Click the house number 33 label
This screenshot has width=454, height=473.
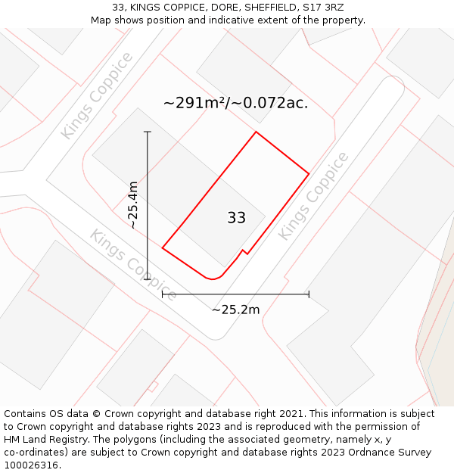(x=236, y=218)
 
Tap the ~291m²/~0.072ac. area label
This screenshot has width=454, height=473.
(x=235, y=103)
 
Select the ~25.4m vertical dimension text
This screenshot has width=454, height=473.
(x=133, y=204)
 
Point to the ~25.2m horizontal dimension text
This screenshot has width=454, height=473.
(x=235, y=310)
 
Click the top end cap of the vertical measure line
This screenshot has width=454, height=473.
(x=148, y=132)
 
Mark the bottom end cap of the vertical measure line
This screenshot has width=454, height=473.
(x=148, y=279)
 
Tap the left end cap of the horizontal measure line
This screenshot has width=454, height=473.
(x=163, y=294)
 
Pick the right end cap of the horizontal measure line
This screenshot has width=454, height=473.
(x=309, y=294)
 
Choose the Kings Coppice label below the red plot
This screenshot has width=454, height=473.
(x=133, y=264)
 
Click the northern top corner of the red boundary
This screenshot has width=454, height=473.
(x=256, y=132)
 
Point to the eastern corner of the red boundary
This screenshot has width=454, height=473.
(x=309, y=174)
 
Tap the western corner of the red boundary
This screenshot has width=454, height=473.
(x=163, y=247)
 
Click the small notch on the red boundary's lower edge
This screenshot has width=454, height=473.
(x=244, y=251)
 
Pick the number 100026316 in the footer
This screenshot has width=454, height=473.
(x=30, y=465)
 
